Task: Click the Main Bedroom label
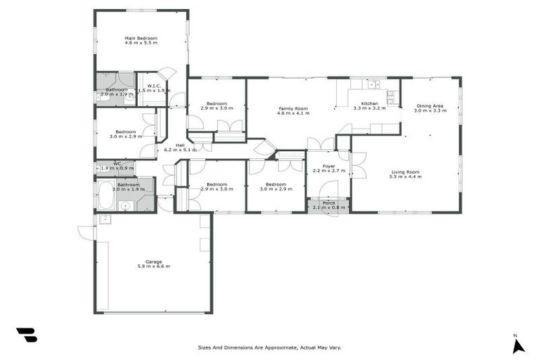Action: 141,38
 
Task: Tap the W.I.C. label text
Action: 154,86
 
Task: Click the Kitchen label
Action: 369,103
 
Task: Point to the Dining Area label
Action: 430,106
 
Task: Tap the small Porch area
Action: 328,205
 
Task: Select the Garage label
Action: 153,262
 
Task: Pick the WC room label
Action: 108,164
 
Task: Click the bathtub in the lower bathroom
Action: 106,195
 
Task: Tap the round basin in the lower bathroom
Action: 124,206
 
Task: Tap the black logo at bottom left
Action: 27,335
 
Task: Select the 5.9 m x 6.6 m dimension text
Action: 153,266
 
